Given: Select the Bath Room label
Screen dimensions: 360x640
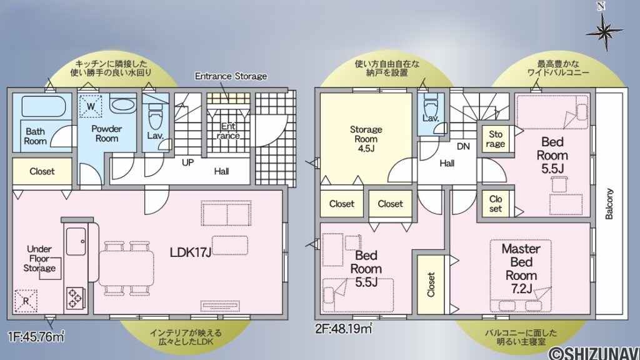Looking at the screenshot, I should pos(36,136).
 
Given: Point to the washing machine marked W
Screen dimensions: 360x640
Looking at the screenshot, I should pos(91,107).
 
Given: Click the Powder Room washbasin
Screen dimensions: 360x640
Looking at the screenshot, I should pos(122,104).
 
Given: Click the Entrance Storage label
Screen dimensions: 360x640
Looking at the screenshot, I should pos(231,76).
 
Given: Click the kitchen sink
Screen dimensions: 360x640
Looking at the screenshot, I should pos(76,240).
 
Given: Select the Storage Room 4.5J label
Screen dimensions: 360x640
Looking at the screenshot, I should pos(366,139).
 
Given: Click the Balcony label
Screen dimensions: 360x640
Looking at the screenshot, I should pos(609,204).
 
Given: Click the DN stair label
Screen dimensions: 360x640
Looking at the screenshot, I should pos(463,146).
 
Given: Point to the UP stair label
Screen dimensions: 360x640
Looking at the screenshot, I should pos(187,162).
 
